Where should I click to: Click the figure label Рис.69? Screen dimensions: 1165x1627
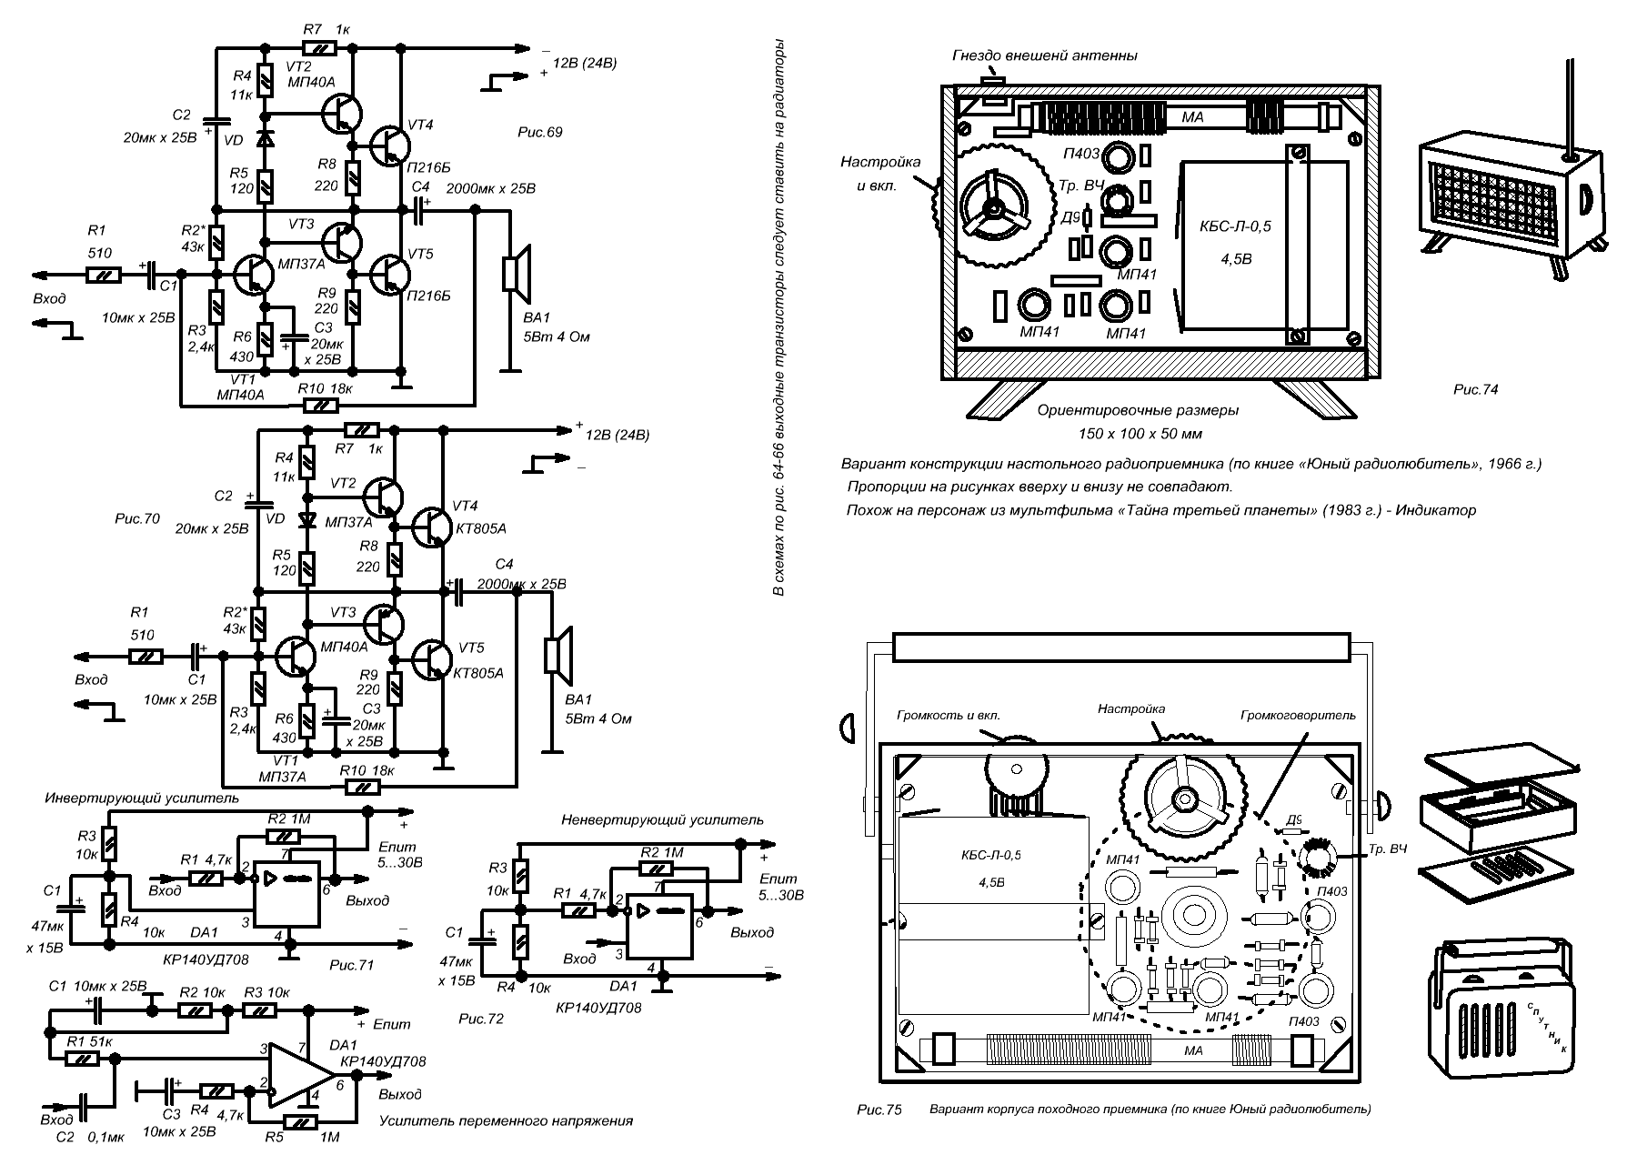pos(539,133)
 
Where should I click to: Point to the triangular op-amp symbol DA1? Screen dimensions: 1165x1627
pos(301,1075)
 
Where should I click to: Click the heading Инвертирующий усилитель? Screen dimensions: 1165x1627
pos(142,798)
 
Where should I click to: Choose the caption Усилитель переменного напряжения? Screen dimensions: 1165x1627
pos(505,1120)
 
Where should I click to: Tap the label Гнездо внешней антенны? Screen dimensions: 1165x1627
pos(1045,55)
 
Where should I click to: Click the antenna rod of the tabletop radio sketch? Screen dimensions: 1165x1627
pos(1570,100)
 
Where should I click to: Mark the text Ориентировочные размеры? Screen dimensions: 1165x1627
pos(1138,410)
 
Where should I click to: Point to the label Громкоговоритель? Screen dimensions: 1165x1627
pos(1298,716)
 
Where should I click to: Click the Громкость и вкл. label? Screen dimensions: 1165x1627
pos(949,716)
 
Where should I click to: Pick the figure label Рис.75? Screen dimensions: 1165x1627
pos(879,1110)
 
